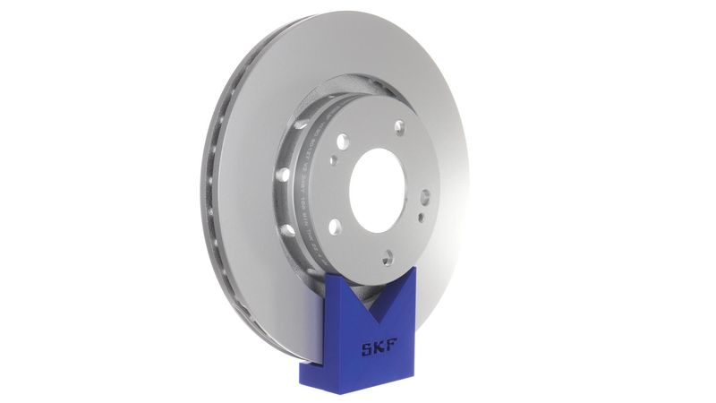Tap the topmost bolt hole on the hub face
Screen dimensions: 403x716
(399, 126)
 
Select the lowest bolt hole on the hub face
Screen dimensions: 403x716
(388, 258)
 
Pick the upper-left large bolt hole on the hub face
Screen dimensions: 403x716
(342, 141)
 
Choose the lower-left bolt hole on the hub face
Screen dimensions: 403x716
(335, 226)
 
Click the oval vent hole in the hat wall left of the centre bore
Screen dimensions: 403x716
(284, 175)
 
